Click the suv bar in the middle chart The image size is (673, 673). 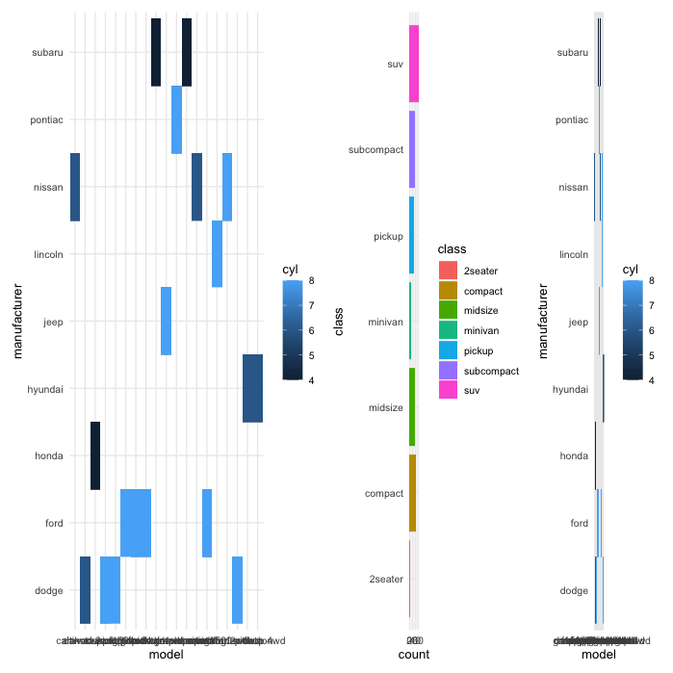click(x=414, y=64)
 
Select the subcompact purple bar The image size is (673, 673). click(x=412, y=149)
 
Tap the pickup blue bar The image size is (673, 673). click(x=411, y=235)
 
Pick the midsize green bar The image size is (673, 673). click(x=411, y=406)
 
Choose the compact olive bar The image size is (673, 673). click(x=412, y=492)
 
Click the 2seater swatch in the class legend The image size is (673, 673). click(x=449, y=271)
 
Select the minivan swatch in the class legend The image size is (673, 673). click(x=449, y=330)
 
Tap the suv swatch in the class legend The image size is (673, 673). click(x=449, y=390)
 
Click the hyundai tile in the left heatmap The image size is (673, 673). click(x=252, y=388)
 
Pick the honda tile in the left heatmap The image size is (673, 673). click(x=95, y=455)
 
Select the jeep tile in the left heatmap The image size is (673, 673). click(x=166, y=321)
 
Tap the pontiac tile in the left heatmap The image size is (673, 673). click(x=176, y=119)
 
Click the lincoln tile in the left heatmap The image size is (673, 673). click(x=217, y=253)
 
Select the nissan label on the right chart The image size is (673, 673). click(x=572, y=187)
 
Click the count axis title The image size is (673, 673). click(x=413, y=655)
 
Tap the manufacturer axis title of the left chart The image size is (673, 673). click(x=20, y=321)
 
